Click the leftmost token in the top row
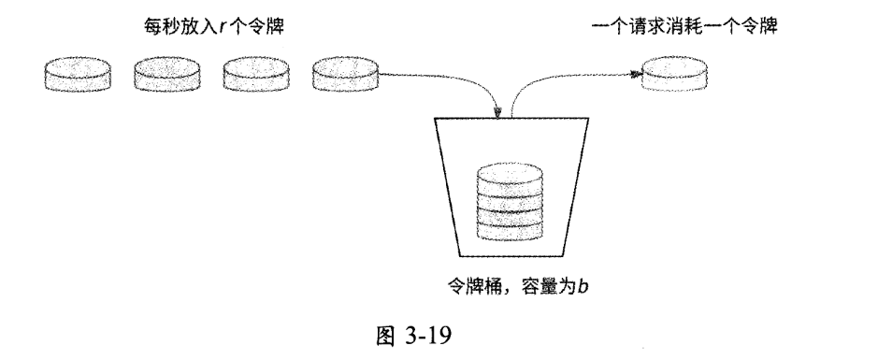click(77, 74)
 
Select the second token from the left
click(166, 74)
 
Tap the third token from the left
click(254, 74)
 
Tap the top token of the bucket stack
click(510, 175)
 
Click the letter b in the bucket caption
click(582, 286)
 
